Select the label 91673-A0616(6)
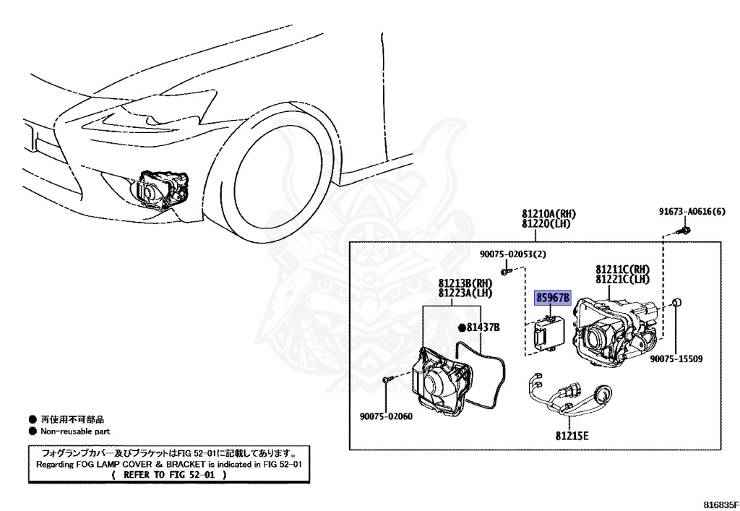[691, 212]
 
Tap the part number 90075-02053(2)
[513, 254]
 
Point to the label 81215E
[572, 435]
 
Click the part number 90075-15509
[676, 358]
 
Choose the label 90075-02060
[386, 416]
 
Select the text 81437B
[483, 327]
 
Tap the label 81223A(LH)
[465, 293]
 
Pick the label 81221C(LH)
[622, 279]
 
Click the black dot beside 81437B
[460, 327]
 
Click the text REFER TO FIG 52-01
[174, 475]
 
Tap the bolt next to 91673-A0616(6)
[684, 231]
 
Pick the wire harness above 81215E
[571, 401]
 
